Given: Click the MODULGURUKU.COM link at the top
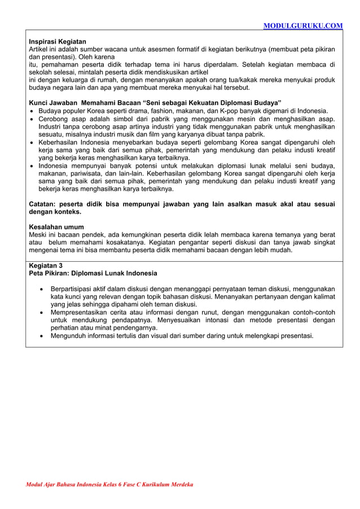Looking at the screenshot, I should pyautogui.click(x=303, y=25).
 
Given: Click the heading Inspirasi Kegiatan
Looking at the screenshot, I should pyautogui.click(x=58, y=42).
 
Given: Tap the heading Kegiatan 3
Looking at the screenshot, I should pyautogui.click(x=46, y=265).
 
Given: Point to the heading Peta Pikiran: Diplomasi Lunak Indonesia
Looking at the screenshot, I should pyautogui.click(x=93, y=273).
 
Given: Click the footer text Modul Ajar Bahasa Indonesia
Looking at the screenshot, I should pyautogui.click(x=62, y=484).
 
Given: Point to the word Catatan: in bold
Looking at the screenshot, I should pyautogui.click(x=44, y=204).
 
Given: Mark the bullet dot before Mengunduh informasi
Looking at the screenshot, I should pyautogui.click(x=42, y=336).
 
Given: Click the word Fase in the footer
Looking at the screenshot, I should pyautogui.click(x=128, y=484).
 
